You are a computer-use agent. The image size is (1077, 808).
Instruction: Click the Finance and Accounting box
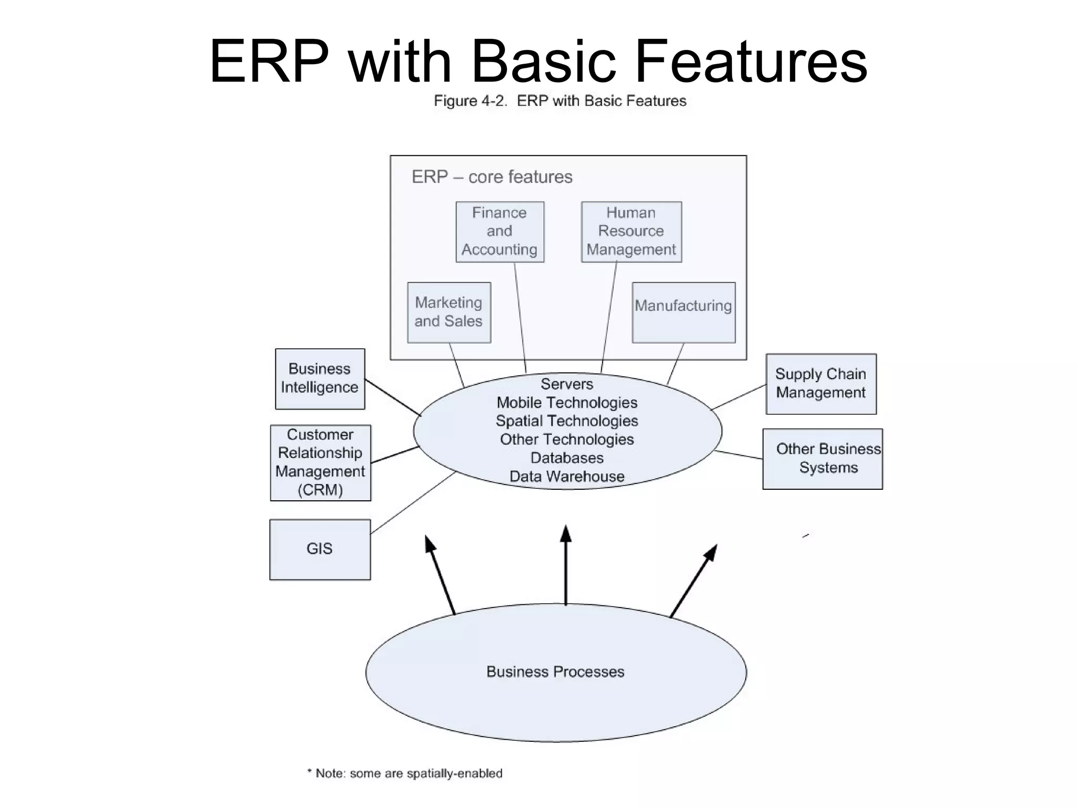pos(500,231)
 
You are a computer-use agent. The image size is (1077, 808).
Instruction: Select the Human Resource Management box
pos(631,231)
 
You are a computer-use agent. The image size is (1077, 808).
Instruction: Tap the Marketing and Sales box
pos(449,312)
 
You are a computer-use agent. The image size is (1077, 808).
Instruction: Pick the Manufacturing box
pos(683,312)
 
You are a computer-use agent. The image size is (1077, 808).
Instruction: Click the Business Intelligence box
pos(320,379)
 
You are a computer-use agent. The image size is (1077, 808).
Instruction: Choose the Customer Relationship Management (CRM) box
pos(320,462)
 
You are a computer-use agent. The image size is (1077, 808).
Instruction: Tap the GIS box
pos(320,549)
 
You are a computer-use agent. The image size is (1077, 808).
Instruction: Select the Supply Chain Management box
pos(820,383)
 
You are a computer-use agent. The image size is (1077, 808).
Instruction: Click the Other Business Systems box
pos(822,459)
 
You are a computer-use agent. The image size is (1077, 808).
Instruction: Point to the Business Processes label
pos(555,672)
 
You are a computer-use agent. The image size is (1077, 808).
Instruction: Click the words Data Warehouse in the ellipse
pos(567,477)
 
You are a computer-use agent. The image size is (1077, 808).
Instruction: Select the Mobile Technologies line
pos(567,403)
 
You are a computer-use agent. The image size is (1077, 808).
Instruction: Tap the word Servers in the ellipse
pos(567,384)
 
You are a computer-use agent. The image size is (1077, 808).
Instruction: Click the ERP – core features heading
pos(492,177)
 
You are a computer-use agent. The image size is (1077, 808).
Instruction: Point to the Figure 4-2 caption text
pos(560,101)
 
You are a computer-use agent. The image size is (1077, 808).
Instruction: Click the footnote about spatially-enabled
pos(405,773)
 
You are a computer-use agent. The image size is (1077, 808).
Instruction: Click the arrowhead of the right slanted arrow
pos(712,552)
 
